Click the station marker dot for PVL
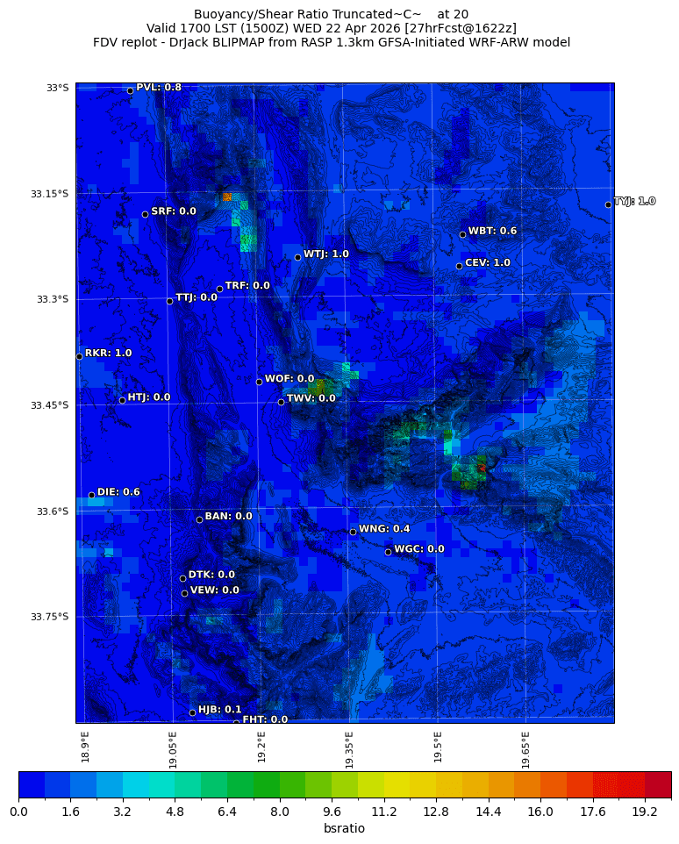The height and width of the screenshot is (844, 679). [130, 90]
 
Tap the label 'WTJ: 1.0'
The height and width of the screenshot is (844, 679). [325, 254]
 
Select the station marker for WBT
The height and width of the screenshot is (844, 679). [462, 234]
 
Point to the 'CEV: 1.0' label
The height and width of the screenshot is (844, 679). [487, 262]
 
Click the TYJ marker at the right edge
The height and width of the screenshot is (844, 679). [608, 204]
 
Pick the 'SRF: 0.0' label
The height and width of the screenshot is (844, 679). [173, 211]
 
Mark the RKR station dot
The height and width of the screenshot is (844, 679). [79, 356]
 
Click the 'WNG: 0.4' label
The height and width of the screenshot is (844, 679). [384, 528]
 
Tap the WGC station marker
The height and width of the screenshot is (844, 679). [388, 552]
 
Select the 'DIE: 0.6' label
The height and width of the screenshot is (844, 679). [118, 492]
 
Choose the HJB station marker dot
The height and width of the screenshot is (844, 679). [192, 712]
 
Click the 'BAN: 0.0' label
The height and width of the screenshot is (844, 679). [228, 516]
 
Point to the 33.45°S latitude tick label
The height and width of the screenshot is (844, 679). [49, 404]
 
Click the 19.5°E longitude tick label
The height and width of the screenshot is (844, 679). [438, 747]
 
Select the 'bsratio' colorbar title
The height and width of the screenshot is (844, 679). [344, 828]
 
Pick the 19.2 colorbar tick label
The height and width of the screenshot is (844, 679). [645, 812]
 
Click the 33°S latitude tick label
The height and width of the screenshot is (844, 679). [57, 88]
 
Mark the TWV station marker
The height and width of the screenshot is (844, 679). [281, 402]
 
